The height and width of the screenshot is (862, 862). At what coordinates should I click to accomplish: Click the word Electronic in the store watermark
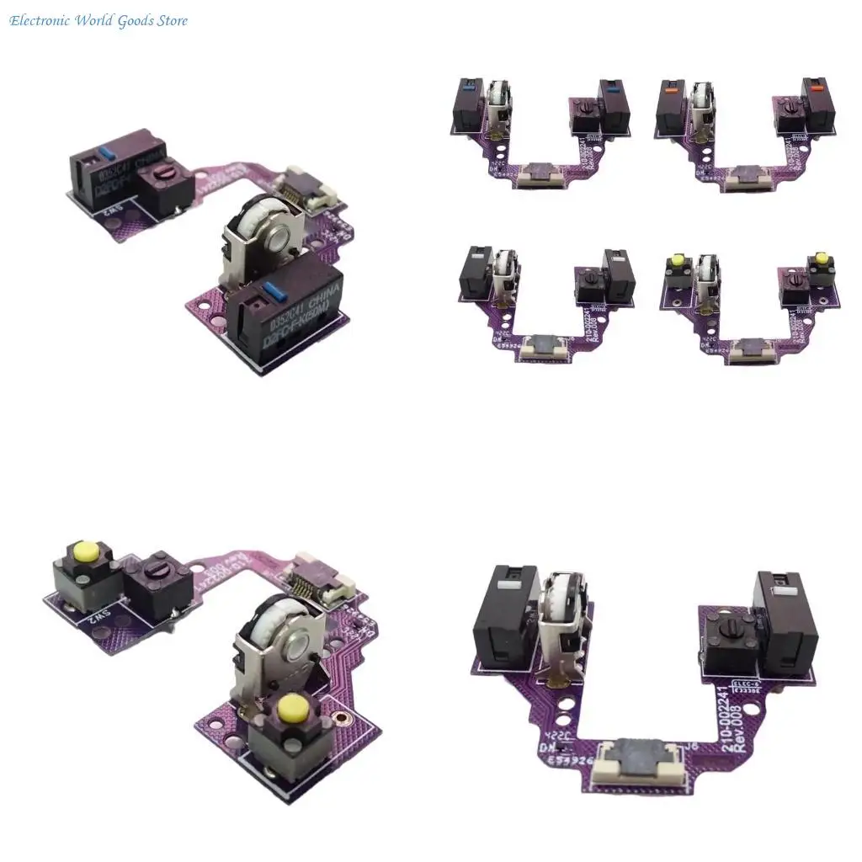39,21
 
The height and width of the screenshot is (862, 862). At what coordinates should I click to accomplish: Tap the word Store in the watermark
169,21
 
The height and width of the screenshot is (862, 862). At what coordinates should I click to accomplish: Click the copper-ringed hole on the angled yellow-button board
342,720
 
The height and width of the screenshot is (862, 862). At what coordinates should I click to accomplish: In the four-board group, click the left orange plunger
673,87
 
